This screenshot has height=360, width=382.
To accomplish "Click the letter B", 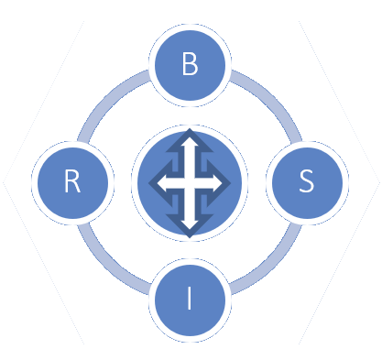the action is point(190,63).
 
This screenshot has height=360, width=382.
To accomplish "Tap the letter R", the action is point(72,180).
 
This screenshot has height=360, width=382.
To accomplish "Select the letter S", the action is point(307,180).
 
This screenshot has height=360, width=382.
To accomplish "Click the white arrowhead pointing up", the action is point(190,144).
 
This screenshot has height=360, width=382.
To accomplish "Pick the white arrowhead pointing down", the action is point(190,223).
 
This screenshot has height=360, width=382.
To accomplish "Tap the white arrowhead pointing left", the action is point(164,183).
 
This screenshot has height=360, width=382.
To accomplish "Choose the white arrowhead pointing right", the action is point(216,183).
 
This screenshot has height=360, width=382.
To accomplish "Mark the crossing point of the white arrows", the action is point(190,183).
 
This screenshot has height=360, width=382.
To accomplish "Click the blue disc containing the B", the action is point(190,65).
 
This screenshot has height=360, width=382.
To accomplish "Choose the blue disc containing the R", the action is point(72,183).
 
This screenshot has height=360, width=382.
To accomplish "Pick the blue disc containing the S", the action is point(307,183).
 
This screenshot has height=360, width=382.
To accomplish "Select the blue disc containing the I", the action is point(190,300).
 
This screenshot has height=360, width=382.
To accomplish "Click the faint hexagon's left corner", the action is point(3,182).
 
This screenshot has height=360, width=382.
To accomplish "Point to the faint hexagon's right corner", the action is point(380,182).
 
